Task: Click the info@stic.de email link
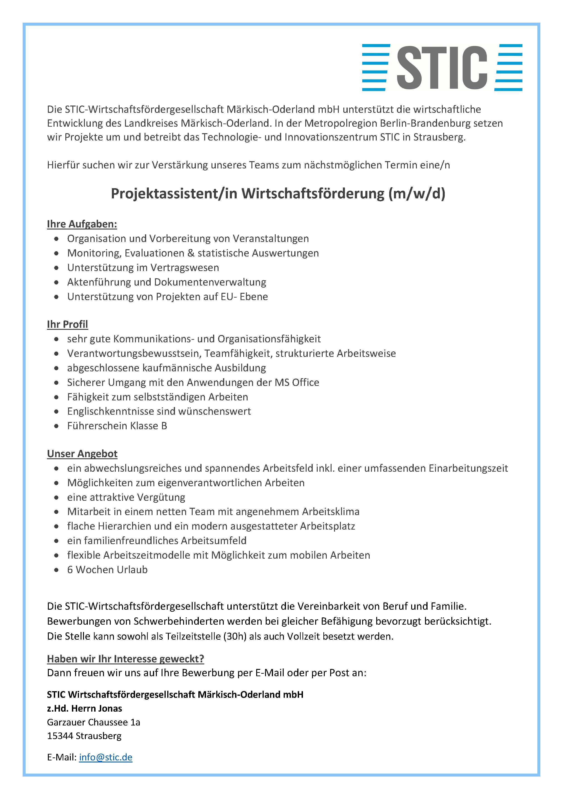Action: click(106, 757)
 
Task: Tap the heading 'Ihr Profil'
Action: click(67, 324)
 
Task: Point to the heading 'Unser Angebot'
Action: click(82, 454)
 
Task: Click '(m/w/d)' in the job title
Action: click(416, 193)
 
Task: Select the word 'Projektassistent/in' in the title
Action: click(174, 193)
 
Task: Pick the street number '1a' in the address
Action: click(135, 722)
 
